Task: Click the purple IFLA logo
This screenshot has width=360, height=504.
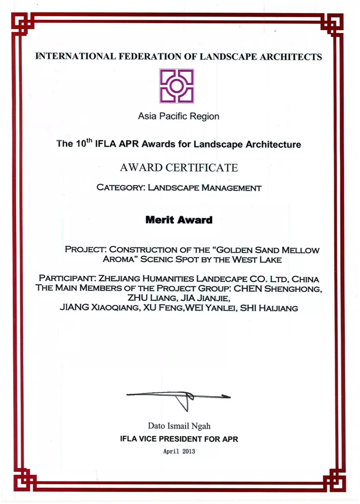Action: (177, 85)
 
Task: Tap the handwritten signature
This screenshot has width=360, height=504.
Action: (179, 398)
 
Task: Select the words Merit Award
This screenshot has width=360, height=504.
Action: (179, 220)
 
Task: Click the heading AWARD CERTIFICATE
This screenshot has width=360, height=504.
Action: (179, 168)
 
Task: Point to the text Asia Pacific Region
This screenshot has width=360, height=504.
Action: (179, 116)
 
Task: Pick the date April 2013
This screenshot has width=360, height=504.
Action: (179, 452)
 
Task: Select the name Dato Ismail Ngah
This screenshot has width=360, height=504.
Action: (179, 426)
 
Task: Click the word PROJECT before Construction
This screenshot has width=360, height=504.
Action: (85, 248)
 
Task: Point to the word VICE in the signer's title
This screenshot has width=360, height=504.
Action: (148, 439)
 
